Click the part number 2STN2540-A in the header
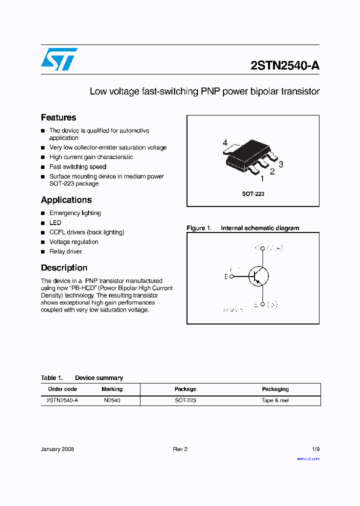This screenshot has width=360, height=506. point(284,66)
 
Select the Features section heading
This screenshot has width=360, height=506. point(58,117)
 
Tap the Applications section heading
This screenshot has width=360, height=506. point(66,200)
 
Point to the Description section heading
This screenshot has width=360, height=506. point(64,268)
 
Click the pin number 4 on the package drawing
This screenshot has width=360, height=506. point(225,143)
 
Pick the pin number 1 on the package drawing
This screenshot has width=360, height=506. point(262,178)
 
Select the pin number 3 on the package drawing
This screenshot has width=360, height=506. point(281,164)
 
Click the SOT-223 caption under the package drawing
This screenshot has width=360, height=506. point(253,193)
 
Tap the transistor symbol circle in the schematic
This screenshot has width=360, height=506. point(258,276)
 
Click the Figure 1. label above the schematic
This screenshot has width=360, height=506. point(199,228)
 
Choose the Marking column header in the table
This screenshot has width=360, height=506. point(112,389)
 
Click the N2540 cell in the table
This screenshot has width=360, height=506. point(112,400)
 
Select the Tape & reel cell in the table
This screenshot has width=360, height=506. point(275,400)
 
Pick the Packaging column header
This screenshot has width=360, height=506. point(275,389)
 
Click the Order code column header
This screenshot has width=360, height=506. point(62,389)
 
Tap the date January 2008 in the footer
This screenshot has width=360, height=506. point(57,449)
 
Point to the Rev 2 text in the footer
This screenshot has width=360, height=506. point(180,449)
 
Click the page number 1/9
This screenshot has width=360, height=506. point(315,449)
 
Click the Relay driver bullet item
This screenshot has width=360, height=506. point(65,251)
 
